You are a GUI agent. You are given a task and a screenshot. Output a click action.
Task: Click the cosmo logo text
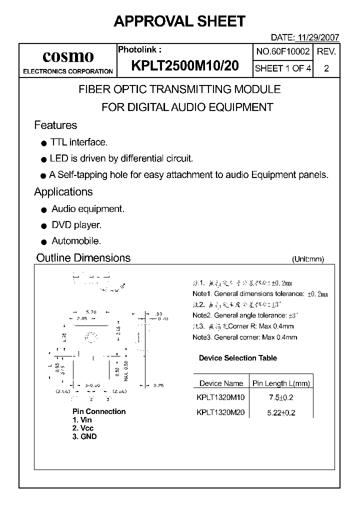pos(68,56)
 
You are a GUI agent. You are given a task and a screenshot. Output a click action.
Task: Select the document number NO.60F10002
pos(283,51)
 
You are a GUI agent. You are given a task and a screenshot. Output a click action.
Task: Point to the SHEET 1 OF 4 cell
pos(283,68)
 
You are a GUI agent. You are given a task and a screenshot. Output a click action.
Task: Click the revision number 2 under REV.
pos(326,68)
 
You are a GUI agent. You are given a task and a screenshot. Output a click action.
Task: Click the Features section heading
pos(55,125)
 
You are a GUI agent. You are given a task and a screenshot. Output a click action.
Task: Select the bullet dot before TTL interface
pos(43,143)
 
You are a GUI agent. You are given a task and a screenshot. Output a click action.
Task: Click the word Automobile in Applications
pos(76,241)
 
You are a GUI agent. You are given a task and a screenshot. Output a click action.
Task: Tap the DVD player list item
pos(76,225)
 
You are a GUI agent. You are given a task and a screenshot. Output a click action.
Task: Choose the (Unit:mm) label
pos(308,259)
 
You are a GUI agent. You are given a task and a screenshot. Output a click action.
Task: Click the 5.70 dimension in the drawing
pos(91,311)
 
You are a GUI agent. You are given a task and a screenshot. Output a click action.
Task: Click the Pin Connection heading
pos(99,411)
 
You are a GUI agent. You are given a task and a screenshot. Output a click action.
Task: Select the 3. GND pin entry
pos(84,436)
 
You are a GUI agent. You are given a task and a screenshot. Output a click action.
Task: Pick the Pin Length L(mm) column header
pos(281,383)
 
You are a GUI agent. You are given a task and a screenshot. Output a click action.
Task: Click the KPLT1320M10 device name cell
pos(221,397)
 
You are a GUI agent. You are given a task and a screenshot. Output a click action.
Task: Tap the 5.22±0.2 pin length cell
pos(281,412)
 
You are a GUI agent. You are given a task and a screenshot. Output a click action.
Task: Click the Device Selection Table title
pos(237,358)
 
